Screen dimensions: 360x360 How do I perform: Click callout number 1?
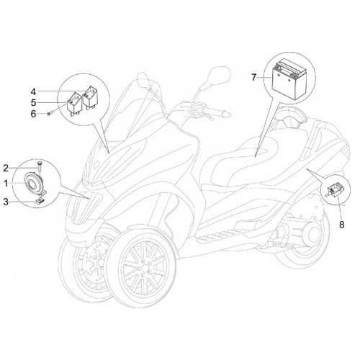[x=6, y=184]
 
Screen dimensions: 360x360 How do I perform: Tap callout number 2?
[x=6, y=168]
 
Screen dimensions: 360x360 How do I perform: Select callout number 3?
[x=6, y=202]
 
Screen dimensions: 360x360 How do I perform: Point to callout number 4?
[x=33, y=91]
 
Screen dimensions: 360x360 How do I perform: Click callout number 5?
[x=33, y=103]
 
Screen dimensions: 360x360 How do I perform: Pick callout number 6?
[x=33, y=114]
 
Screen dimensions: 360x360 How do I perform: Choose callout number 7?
[x=254, y=78]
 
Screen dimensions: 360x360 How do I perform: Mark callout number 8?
[x=342, y=225]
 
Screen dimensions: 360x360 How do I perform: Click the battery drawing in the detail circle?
[x=289, y=78]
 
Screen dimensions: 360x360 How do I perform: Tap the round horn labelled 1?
[x=34, y=183]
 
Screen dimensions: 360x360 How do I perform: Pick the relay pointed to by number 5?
[x=74, y=104]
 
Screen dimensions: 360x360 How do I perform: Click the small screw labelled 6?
[x=49, y=114]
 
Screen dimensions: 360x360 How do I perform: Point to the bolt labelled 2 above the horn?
[x=40, y=168]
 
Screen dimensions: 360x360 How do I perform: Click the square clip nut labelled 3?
[x=40, y=200]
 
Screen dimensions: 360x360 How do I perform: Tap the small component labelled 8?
[x=335, y=189]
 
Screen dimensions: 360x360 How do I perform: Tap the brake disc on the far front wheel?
[x=95, y=259]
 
